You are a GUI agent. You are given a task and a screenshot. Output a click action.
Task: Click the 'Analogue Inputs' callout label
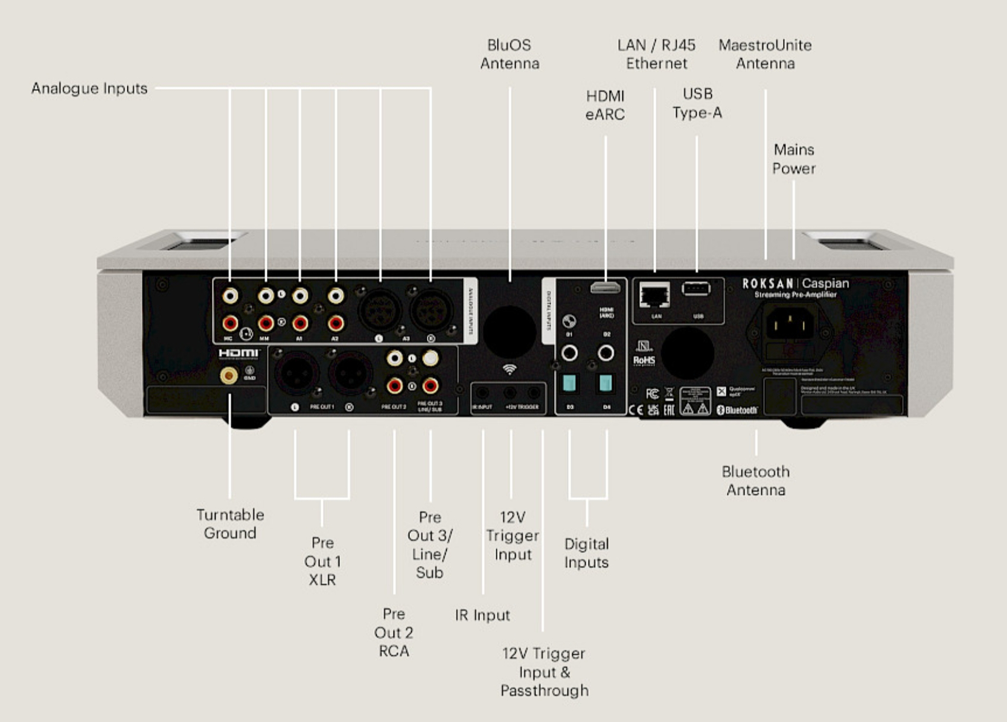point(89,89)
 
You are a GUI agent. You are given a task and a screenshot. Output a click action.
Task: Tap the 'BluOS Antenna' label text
point(510,54)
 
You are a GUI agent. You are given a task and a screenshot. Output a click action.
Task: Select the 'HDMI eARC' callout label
point(605,105)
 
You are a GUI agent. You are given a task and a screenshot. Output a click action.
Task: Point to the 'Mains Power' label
point(794,159)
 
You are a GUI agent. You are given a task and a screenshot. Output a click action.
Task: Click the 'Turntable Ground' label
point(230,524)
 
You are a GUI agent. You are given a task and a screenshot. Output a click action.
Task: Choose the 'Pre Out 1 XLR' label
point(322,561)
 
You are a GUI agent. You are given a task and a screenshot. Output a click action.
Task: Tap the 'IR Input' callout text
point(482,615)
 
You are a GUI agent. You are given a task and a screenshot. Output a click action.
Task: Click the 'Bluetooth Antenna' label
point(756,481)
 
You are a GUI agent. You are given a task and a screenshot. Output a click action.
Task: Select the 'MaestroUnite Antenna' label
point(765,54)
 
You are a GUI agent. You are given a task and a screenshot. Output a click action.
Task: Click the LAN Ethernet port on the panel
point(655,296)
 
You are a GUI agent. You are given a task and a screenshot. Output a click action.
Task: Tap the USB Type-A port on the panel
point(696,289)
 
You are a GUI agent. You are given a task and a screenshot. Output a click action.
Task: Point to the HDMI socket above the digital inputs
point(605,287)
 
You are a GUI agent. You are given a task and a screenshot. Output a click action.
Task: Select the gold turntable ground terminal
point(229,376)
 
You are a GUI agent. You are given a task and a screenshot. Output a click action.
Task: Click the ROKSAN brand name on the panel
point(767,283)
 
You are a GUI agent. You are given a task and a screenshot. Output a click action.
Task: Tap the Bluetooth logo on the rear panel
point(737,410)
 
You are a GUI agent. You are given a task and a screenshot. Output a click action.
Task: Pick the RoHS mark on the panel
point(644,360)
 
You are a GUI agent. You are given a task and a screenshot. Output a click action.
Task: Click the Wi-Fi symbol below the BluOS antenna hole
point(510,369)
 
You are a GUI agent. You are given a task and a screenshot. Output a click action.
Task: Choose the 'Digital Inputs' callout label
point(586,553)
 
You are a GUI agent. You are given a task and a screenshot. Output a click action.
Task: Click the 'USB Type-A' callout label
point(697,103)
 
